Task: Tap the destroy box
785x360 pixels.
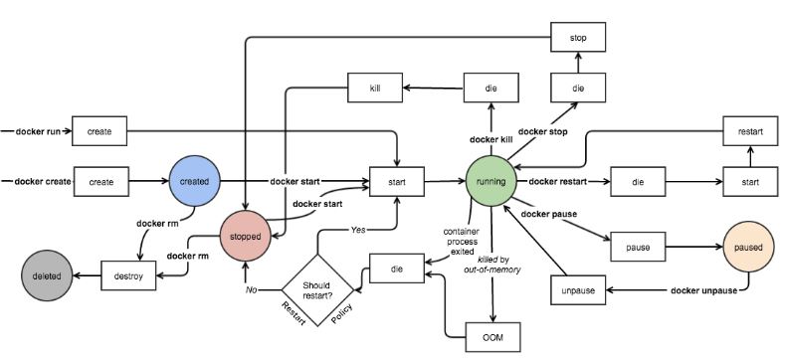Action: tap(130, 274)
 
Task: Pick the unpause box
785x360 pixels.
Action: tap(578, 290)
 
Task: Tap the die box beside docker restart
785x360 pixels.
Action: tap(636, 182)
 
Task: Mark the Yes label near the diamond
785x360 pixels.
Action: tap(357, 229)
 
